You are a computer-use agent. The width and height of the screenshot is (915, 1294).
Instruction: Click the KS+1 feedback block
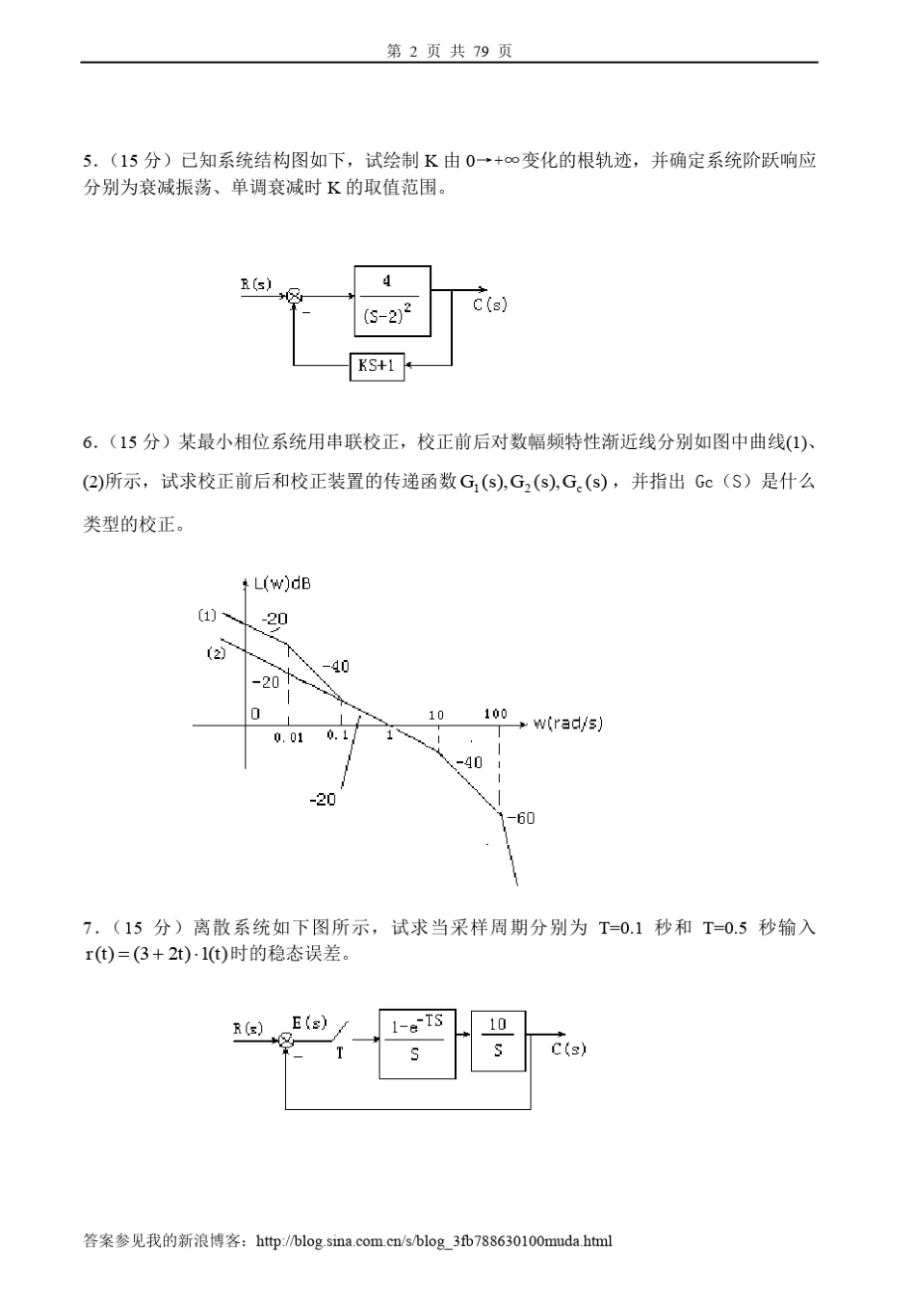point(377,366)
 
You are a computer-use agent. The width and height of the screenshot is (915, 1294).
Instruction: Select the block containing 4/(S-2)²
point(392,300)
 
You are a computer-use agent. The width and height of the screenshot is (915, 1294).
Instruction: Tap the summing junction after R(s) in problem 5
point(296,296)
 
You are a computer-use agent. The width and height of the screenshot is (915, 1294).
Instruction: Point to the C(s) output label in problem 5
point(489,304)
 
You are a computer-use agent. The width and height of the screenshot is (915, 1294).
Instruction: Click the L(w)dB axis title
point(281,583)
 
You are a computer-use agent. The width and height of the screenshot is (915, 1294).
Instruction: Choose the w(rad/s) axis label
point(567,723)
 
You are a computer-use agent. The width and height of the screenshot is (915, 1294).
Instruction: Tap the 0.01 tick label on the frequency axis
point(288,738)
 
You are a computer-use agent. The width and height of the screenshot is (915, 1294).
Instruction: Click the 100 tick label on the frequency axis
point(495,714)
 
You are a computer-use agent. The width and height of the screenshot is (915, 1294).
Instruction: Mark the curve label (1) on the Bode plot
point(207,616)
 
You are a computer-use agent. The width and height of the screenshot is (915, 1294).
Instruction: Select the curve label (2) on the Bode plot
point(216,653)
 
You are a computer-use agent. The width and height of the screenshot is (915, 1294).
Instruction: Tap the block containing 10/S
point(498,1041)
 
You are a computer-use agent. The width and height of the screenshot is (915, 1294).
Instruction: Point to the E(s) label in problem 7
point(309,1022)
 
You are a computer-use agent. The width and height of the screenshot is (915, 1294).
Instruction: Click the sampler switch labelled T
point(340,1039)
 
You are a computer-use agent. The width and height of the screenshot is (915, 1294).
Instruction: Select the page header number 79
point(484,51)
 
